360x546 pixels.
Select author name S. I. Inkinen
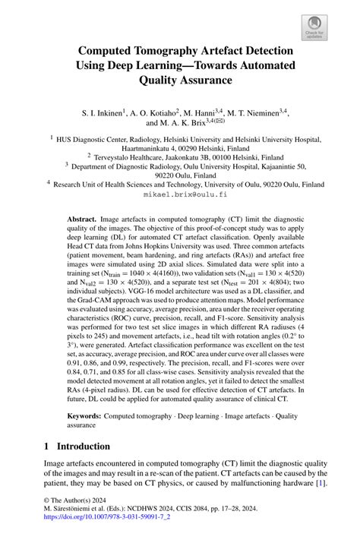(x=103, y=113)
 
